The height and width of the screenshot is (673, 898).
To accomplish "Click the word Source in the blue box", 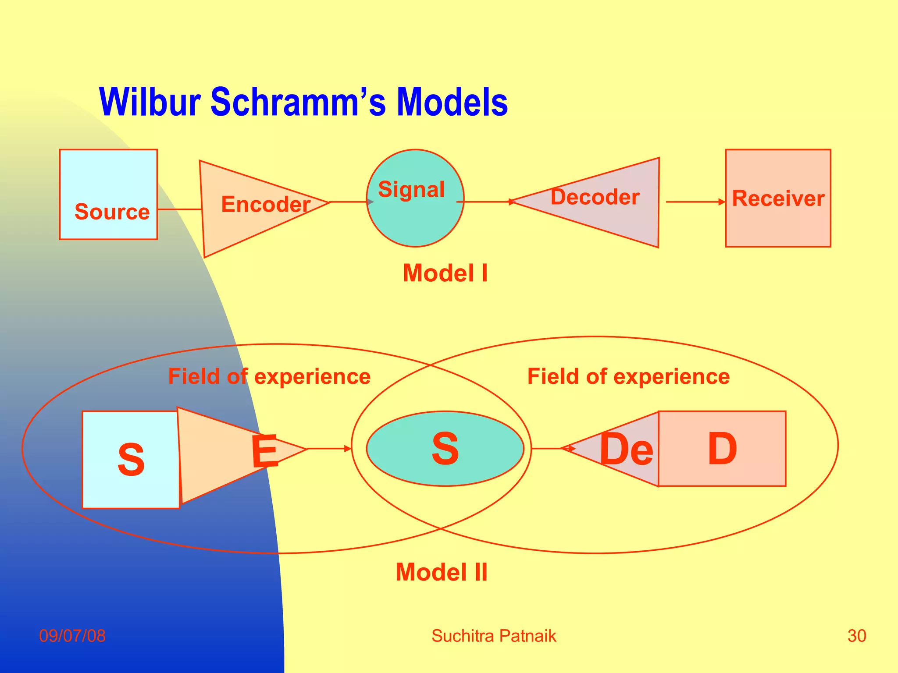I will click(112, 212).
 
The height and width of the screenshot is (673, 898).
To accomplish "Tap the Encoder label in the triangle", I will click(266, 205).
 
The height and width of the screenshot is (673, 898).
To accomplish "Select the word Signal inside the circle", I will click(411, 190).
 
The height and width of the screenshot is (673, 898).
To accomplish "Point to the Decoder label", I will click(595, 197).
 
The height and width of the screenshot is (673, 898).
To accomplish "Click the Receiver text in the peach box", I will click(778, 198).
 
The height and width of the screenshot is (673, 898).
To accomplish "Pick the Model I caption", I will click(445, 273).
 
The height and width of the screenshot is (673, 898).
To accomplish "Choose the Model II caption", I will click(442, 572).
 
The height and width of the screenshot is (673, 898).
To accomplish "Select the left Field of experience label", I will click(269, 377).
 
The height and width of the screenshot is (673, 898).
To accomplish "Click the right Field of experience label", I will click(628, 377).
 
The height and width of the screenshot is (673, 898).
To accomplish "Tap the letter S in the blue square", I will click(131, 460).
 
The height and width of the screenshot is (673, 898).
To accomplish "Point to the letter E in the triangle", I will click(265, 451).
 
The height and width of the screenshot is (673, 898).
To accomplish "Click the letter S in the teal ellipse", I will click(445, 449).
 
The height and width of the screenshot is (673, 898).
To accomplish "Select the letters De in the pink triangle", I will click(626, 450).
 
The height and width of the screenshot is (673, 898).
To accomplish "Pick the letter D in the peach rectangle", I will click(722, 449).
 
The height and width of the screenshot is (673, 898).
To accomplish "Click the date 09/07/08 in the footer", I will click(72, 636).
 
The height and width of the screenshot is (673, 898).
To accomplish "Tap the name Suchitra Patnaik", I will click(494, 636).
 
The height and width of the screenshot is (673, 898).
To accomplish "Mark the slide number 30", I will click(857, 636).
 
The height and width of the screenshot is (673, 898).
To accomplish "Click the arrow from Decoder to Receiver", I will click(695, 202).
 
